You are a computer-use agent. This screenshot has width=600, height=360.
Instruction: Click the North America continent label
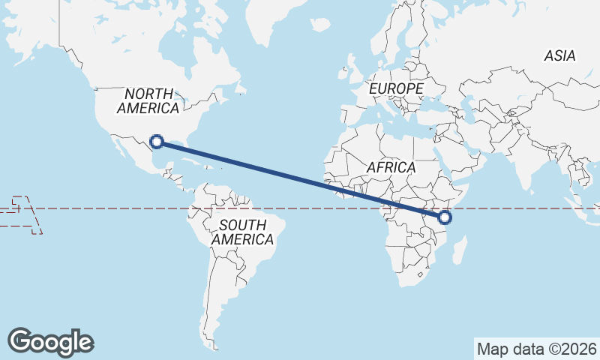pos(148,100)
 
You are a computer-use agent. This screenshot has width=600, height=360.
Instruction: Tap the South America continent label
pos(242,232)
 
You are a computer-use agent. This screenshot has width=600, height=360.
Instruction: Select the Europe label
pos(396,88)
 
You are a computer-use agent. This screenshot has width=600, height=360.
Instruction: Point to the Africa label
pos(391,167)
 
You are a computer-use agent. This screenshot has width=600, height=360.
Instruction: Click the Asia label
pos(559,55)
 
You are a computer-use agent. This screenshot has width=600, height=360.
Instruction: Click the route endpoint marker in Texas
pos(157,140)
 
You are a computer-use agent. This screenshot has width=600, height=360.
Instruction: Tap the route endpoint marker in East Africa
pos(445,217)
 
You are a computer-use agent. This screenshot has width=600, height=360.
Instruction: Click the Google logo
pos(50,341)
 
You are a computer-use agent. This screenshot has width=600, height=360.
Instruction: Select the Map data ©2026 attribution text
pos(536,349)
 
